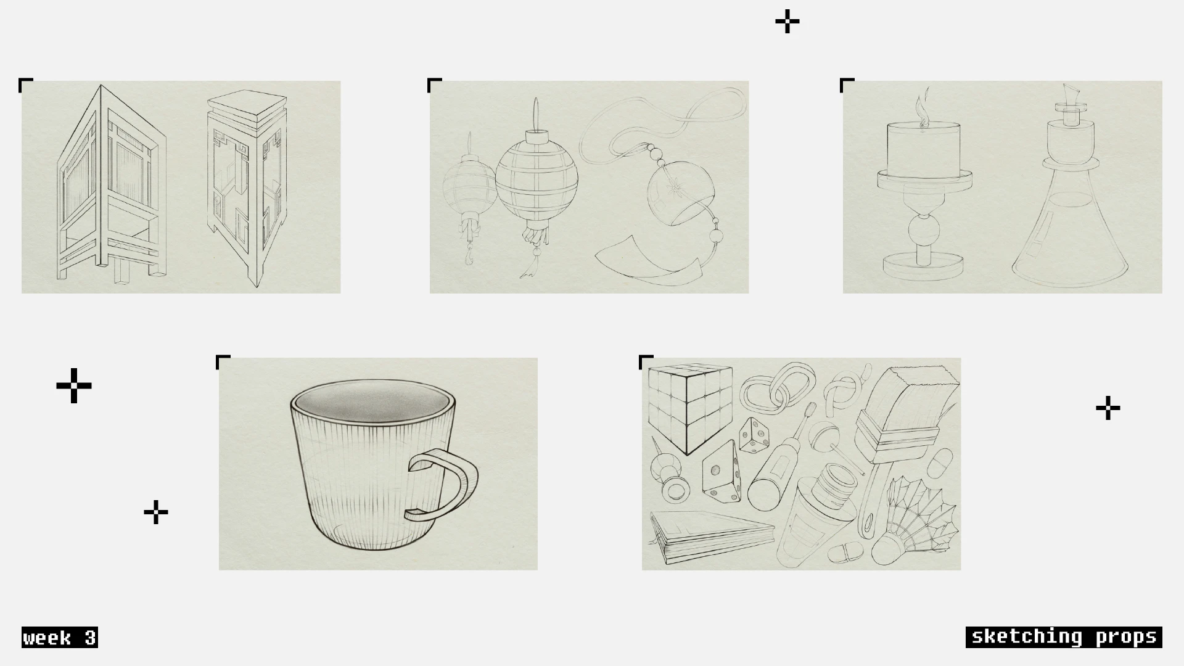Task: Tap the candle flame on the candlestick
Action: tap(922, 108)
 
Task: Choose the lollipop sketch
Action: tap(829, 441)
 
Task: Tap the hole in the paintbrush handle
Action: tap(869, 522)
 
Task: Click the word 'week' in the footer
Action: tap(47, 638)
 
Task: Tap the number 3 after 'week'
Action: tap(90, 638)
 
